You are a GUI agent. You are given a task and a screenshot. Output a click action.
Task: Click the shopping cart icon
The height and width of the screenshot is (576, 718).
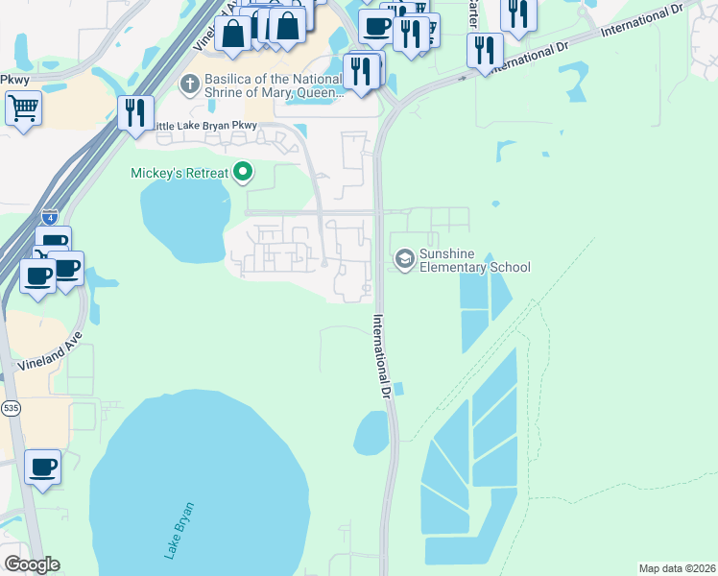[x=23, y=108]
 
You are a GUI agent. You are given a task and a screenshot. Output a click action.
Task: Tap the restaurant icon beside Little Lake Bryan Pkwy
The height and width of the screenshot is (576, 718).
[x=136, y=112]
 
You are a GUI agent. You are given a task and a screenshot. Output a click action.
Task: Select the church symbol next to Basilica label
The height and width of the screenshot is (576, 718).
[x=189, y=85]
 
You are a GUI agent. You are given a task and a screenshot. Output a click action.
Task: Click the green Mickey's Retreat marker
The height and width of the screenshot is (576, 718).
[x=244, y=173]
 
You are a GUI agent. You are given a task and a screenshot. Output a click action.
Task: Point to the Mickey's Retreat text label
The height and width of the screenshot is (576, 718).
[x=179, y=173]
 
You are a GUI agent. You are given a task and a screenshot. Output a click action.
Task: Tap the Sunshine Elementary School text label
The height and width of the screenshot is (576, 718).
[x=474, y=260]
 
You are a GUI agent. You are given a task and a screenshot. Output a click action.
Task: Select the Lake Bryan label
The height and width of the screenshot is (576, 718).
[x=179, y=530]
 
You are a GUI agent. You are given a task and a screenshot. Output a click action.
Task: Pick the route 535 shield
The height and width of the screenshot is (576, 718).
[x=9, y=408]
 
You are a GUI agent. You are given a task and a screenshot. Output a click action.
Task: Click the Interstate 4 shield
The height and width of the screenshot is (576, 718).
[x=50, y=216]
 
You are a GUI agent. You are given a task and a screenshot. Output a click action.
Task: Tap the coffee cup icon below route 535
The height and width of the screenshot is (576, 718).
[x=42, y=468]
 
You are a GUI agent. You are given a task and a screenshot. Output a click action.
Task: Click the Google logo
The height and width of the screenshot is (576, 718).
[x=32, y=564]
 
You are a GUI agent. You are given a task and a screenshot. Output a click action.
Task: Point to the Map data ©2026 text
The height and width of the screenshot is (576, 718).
[x=677, y=568]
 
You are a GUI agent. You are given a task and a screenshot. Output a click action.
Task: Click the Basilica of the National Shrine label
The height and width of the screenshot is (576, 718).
[x=259, y=85]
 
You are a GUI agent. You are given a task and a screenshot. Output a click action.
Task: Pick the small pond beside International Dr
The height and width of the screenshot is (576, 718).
[x=371, y=433]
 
